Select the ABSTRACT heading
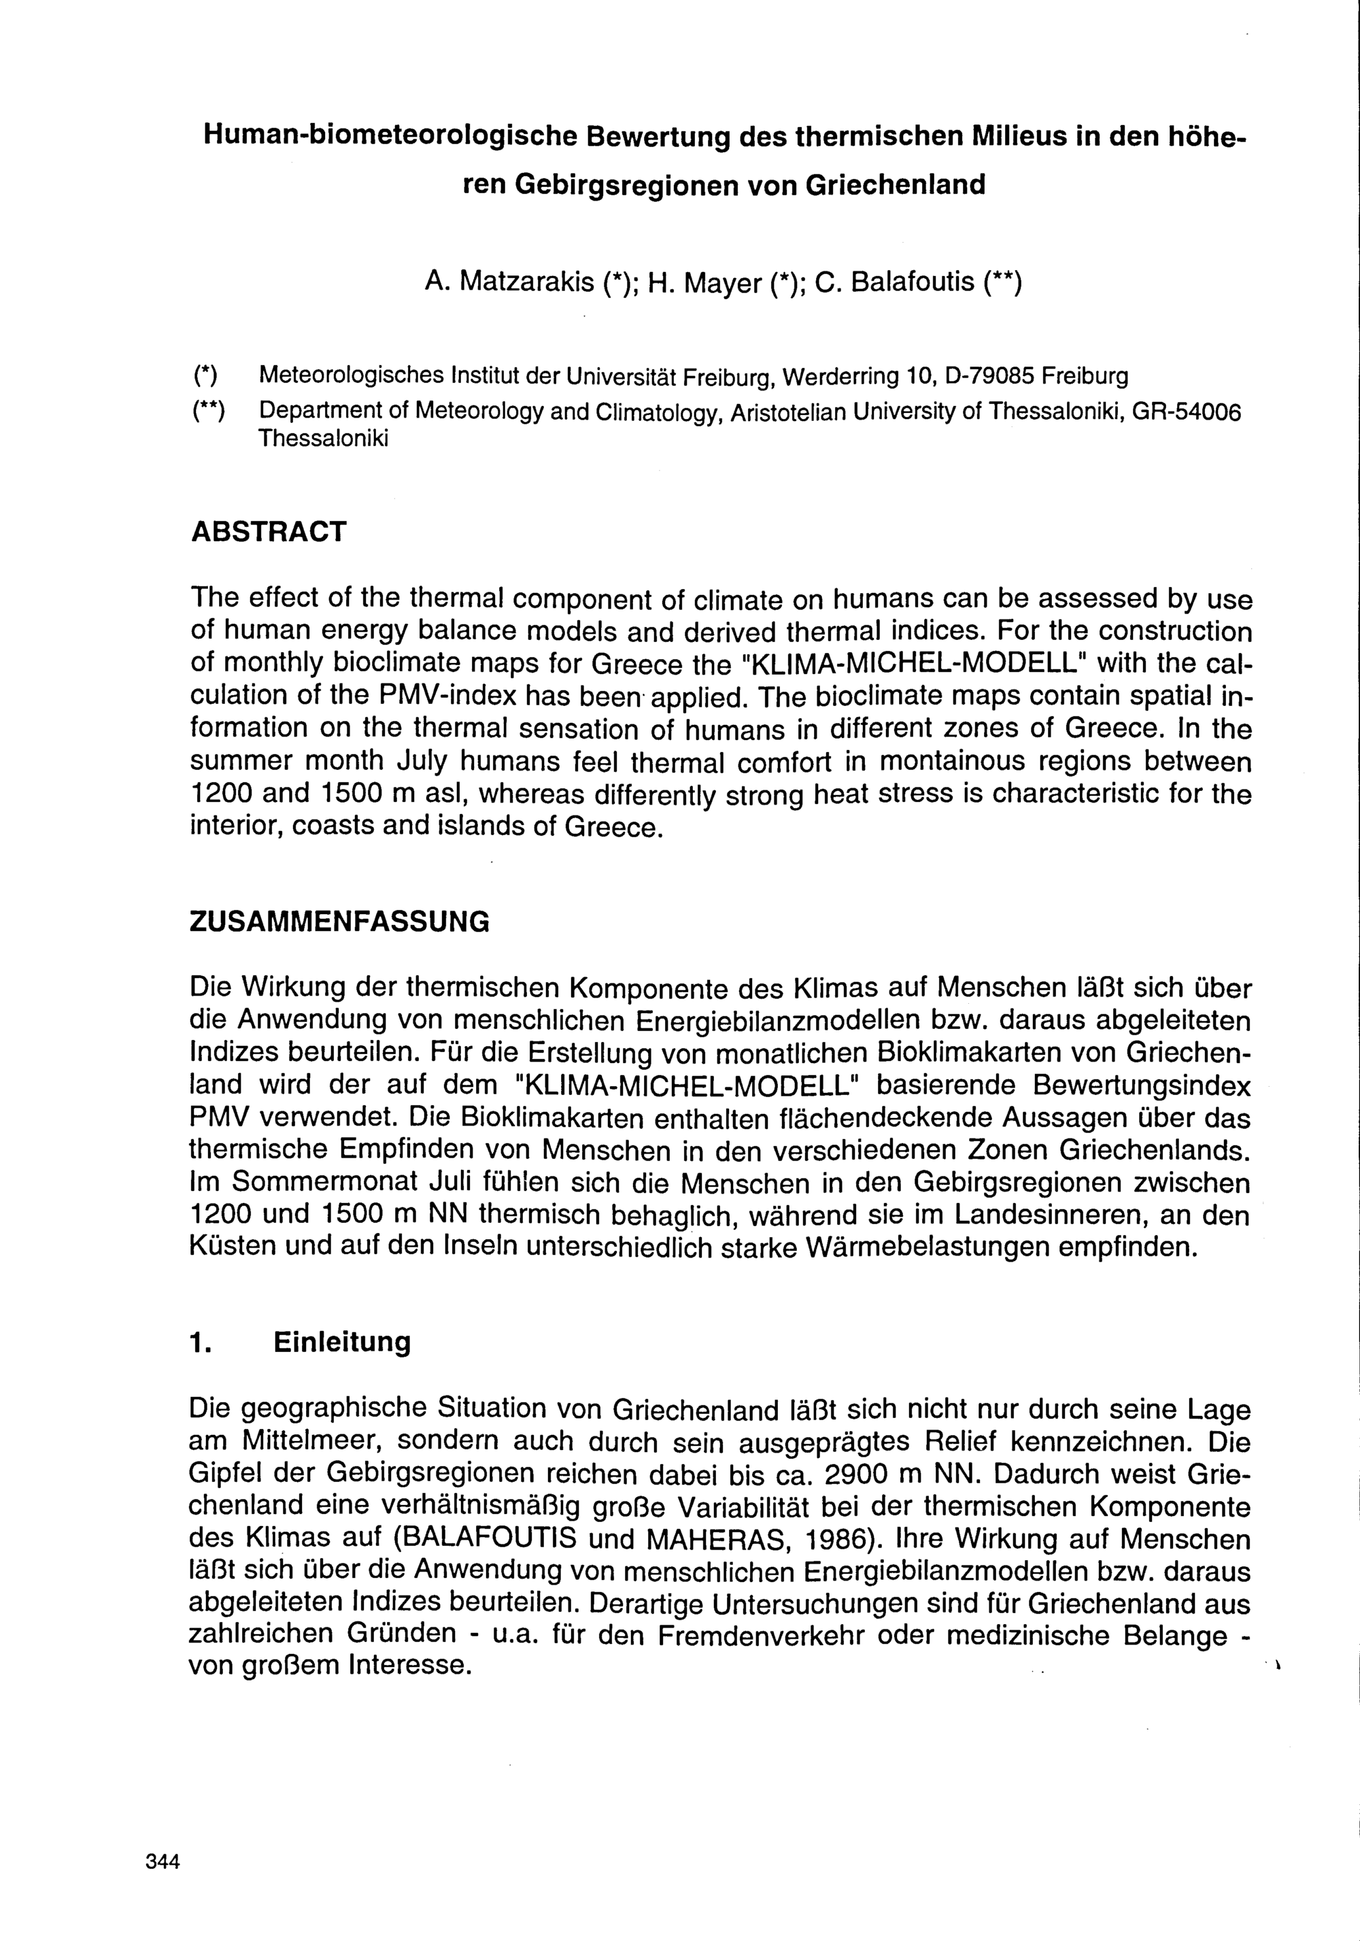(269, 532)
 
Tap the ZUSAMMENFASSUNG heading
(339, 921)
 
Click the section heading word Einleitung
(341, 1343)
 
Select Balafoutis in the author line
(912, 282)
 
